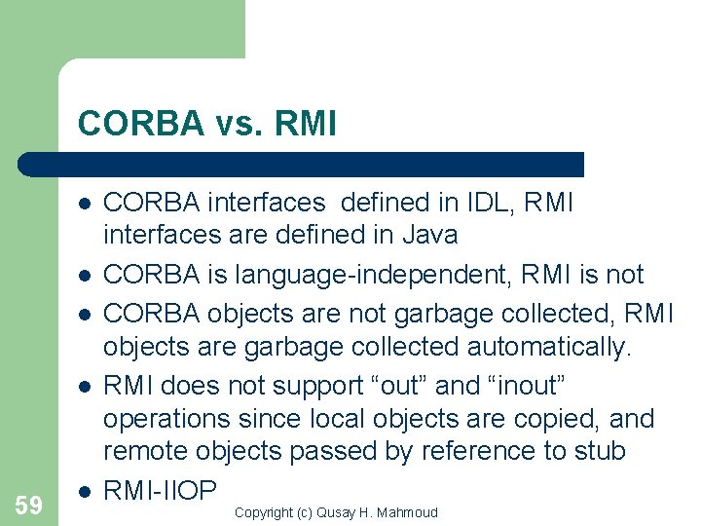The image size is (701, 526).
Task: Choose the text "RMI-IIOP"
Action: click(x=159, y=490)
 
